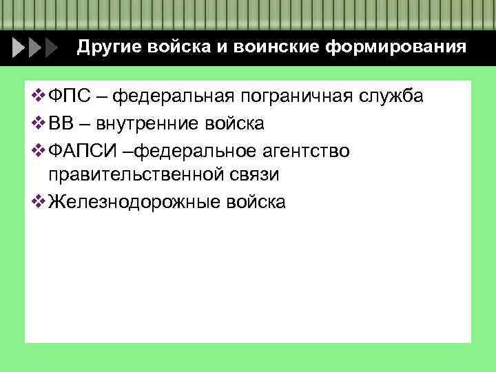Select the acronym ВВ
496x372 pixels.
[61, 123]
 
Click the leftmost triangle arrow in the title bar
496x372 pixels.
[19, 48]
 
